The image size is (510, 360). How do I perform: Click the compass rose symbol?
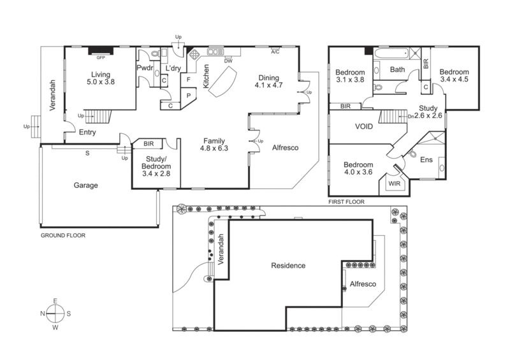click(x=55, y=313)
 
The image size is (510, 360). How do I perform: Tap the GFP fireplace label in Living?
click(x=100, y=56)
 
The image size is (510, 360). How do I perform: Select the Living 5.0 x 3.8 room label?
click(x=100, y=78)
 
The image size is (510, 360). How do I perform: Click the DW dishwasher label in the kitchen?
click(x=228, y=61)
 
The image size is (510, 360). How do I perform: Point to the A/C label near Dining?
click(x=275, y=52)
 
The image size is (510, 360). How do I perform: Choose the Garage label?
click(x=85, y=185)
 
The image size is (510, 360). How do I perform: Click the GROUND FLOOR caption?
click(x=62, y=235)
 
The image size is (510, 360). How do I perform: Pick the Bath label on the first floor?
click(x=398, y=69)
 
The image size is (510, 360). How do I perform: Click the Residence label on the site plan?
click(x=288, y=265)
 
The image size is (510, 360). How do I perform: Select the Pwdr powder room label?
click(x=145, y=68)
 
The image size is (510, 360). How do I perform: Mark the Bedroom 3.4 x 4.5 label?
click(x=453, y=76)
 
